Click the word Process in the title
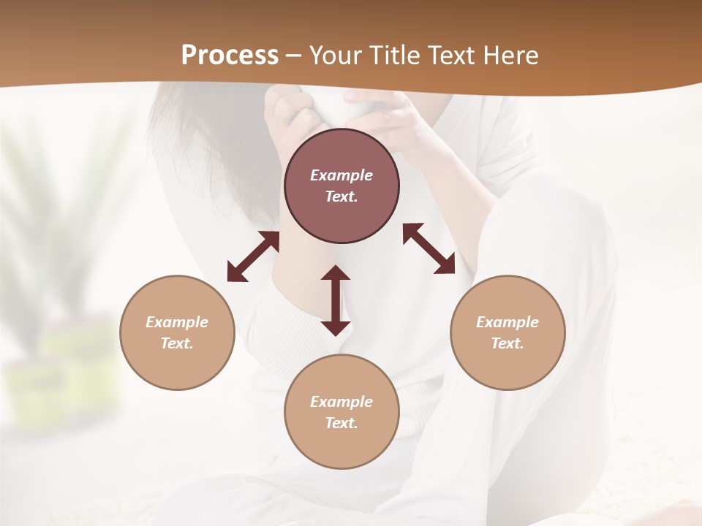click(230, 56)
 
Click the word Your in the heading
click(337, 56)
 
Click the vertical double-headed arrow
click(336, 300)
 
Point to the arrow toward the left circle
click(253, 256)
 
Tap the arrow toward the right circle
click(429, 248)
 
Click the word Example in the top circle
click(341, 175)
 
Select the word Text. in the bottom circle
click(341, 423)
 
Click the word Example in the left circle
click(177, 322)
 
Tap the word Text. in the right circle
click(507, 343)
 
